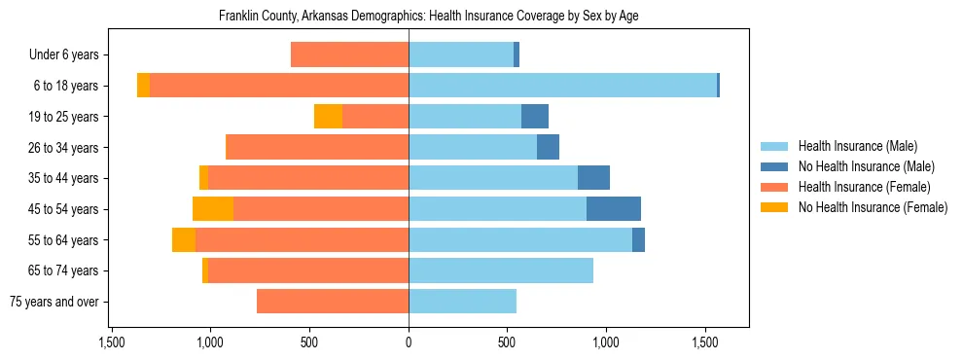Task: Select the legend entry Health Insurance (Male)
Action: click(x=857, y=146)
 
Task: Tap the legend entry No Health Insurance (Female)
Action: click(x=872, y=207)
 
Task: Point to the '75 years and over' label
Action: click(x=53, y=302)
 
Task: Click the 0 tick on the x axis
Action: click(x=409, y=342)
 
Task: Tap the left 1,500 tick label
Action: click(x=112, y=342)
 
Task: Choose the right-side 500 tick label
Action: click(x=507, y=342)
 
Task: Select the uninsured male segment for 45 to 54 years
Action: click(x=614, y=209)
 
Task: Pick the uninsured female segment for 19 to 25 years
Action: click(x=328, y=117)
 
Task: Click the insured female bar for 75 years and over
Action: click(x=333, y=302)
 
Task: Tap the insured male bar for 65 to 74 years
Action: click(x=501, y=270)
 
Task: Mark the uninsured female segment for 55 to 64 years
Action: click(x=184, y=240)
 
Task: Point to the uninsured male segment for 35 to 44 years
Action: click(x=593, y=178)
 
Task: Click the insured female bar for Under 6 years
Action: click(x=349, y=55)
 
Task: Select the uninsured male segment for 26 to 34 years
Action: click(x=548, y=148)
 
